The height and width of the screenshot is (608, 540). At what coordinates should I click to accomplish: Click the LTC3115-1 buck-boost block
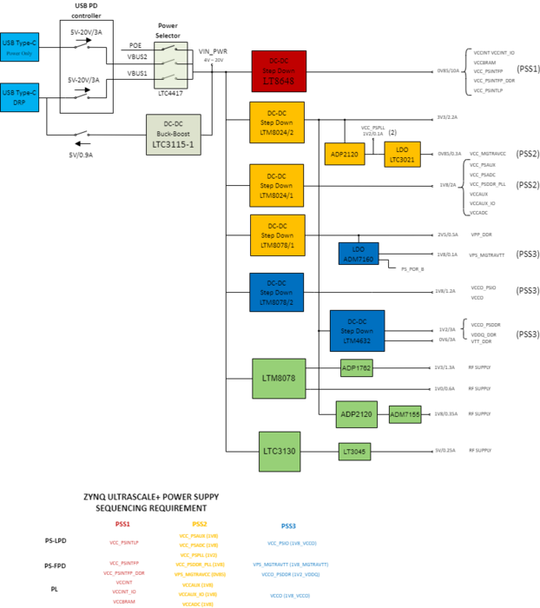(x=173, y=135)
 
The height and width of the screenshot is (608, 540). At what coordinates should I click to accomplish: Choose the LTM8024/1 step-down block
(x=277, y=183)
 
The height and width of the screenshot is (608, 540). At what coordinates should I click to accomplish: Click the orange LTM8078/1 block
(x=277, y=235)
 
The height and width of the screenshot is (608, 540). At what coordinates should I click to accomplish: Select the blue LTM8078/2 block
(x=277, y=292)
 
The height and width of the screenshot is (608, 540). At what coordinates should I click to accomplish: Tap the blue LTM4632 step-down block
(x=357, y=331)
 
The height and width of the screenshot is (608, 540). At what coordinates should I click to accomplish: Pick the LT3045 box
(x=355, y=451)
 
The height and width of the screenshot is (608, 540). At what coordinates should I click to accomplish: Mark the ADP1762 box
(x=356, y=368)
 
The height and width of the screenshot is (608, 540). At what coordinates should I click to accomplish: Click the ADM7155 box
(x=405, y=414)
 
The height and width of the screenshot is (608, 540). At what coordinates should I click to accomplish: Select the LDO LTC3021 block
(x=402, y=154)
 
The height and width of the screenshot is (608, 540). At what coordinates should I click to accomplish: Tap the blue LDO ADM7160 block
(x=359, y=254)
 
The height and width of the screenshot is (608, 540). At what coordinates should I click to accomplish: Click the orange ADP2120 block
(x=346, y=154)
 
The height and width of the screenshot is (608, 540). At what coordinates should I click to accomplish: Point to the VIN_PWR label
(x=212, y=52)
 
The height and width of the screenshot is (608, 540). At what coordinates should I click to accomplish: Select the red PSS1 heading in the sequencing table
(x=122, y=524)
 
